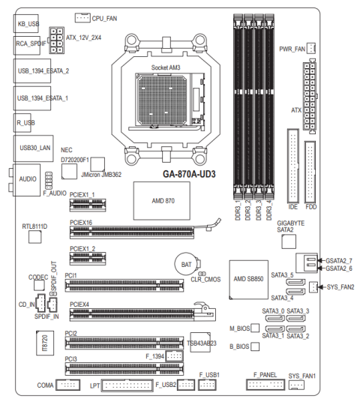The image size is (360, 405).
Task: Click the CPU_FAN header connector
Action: coord(82,17)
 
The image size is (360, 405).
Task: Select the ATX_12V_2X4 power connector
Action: coord(56,40)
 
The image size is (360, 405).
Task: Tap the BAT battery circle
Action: coord(187,264)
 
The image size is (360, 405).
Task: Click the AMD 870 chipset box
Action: coord(162,201)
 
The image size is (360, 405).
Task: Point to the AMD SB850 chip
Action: coord(249,280)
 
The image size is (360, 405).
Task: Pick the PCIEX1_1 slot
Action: coord(88,205)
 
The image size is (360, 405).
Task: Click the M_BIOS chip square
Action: coord(255,328)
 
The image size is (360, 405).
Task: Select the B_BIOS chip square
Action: coord(255,346)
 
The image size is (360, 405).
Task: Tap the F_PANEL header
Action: coord(265,385)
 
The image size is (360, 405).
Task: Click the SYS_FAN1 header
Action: coord(296,385)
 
